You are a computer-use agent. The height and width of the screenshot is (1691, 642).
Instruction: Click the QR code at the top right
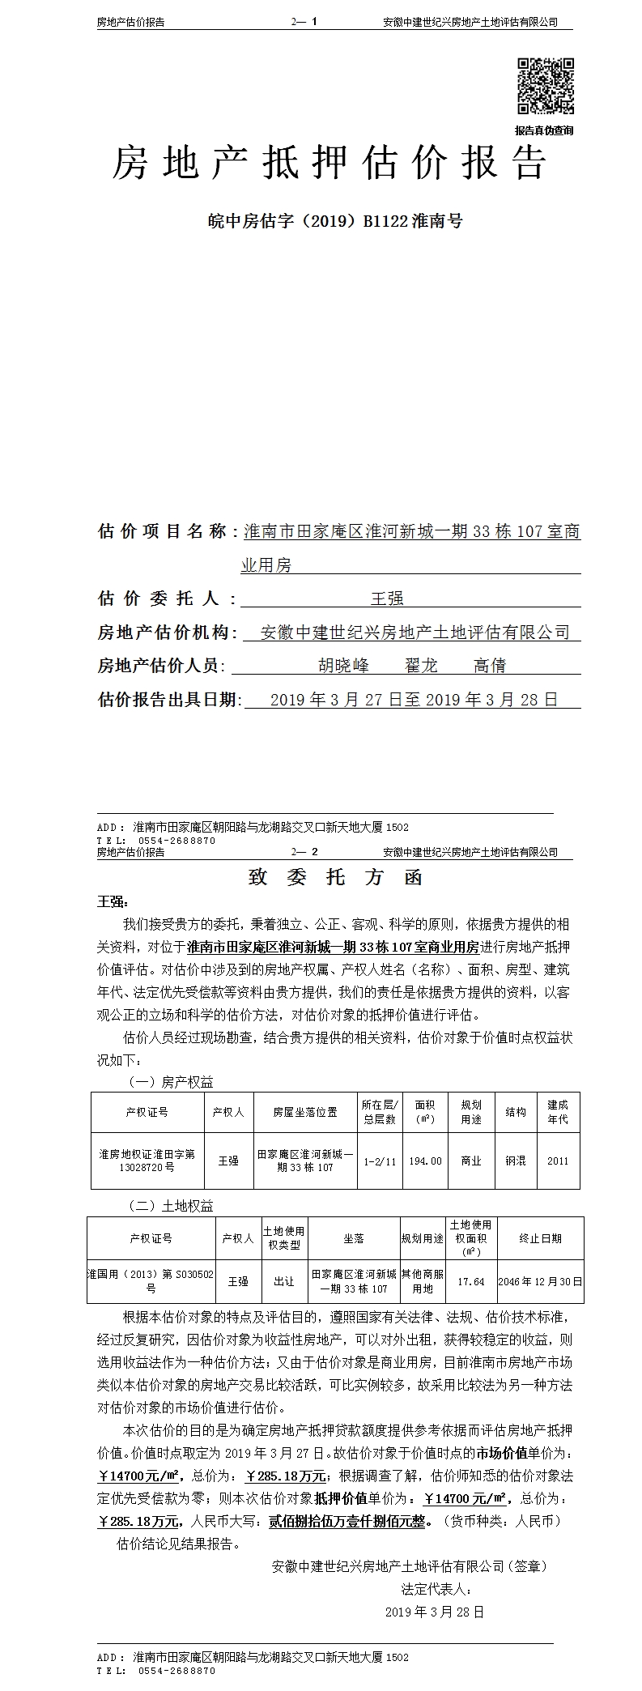coord(545,86)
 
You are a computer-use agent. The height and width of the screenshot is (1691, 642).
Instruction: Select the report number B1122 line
coord(335,221)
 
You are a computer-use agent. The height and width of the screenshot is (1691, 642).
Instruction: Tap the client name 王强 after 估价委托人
coord(386,598)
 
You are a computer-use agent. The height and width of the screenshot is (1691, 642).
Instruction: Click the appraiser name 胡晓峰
coord(343,666)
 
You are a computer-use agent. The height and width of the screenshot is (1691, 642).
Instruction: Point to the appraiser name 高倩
coord(490,666)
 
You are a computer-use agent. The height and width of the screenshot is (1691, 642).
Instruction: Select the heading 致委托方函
coord(334,878)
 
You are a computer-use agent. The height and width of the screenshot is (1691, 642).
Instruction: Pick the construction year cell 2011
coord(557,1161)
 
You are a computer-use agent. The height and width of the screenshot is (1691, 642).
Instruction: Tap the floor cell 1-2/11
coord(379,1161)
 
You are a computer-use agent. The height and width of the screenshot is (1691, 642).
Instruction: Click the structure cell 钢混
coord(516,1161)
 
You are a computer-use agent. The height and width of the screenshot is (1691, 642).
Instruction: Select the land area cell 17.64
coord(470,1281)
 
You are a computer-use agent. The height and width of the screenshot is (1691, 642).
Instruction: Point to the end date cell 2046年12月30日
coord(540,1281)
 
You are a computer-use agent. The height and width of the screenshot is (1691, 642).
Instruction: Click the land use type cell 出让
coord(283,1281)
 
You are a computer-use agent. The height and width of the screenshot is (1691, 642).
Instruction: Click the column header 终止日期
coord(540,1238)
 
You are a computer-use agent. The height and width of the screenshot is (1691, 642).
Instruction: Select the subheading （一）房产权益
coord(172,1082)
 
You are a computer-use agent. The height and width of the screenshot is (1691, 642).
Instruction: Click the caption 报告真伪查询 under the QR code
coord(544,130)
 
